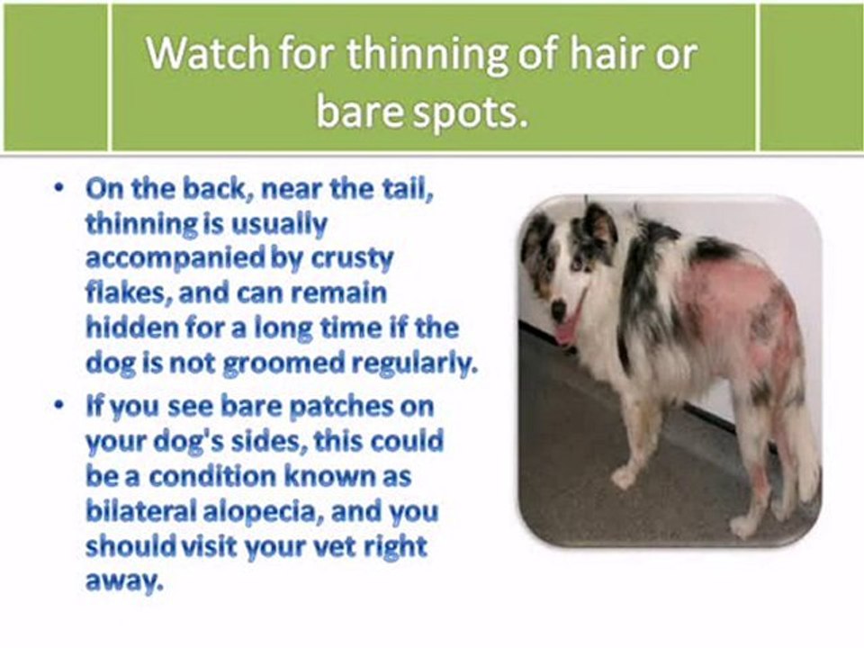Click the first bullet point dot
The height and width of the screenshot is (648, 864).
(58, 188)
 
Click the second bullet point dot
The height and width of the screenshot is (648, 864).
(58, 406)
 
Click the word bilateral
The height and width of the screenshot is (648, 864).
(141, 511)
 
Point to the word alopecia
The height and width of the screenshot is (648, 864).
(259, 513)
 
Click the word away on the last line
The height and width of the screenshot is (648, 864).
(125, 583)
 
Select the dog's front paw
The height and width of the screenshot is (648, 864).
(625, 476)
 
